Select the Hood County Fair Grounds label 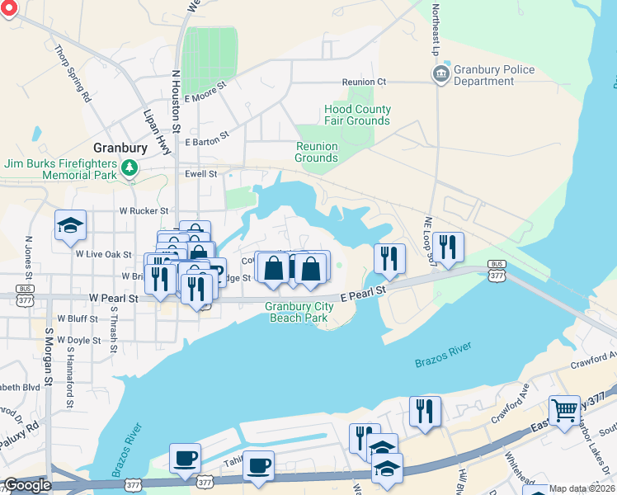click(357, 115)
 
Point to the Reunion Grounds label click(317, 152)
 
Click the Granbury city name click(120, 148)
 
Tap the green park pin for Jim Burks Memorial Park click(129, 169)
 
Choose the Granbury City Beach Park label click(299, 312)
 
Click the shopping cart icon click(565, 409)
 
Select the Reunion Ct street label click(365, 82)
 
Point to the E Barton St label click(207, 142)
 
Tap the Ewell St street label click(201, 174)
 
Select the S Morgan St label click(49, 351)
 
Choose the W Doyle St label click(78, 340)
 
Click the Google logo click(27, 485)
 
